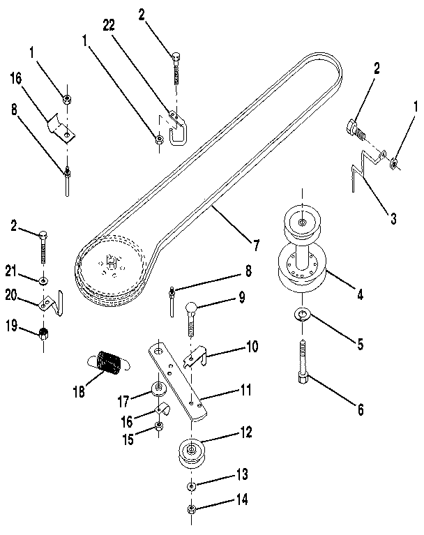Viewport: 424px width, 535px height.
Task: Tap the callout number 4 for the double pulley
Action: [x=360, y=294]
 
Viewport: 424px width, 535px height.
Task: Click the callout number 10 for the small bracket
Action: [x=232, y=347]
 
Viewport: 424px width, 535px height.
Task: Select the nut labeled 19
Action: [x=43, y=332]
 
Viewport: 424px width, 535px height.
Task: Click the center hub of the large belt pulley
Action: [x=111, y=264]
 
